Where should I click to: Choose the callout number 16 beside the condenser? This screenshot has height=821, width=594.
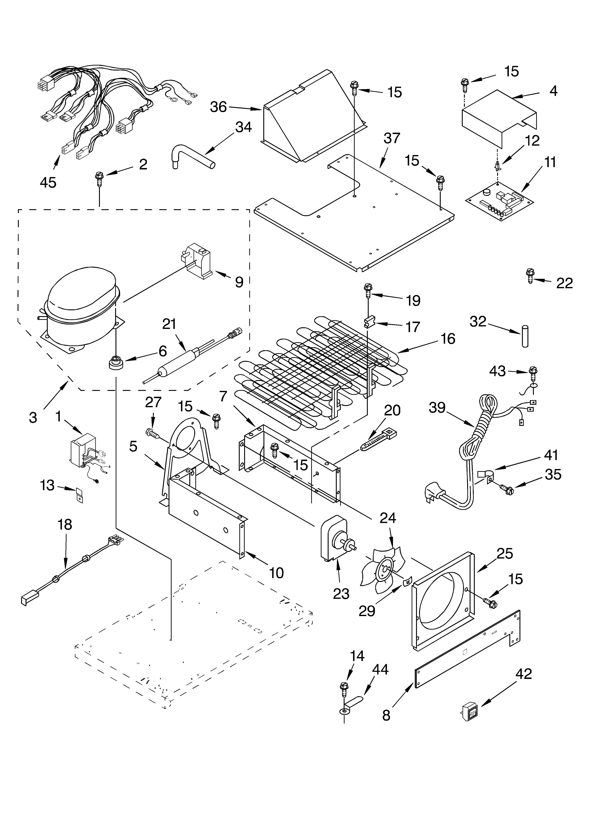[448, 338]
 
